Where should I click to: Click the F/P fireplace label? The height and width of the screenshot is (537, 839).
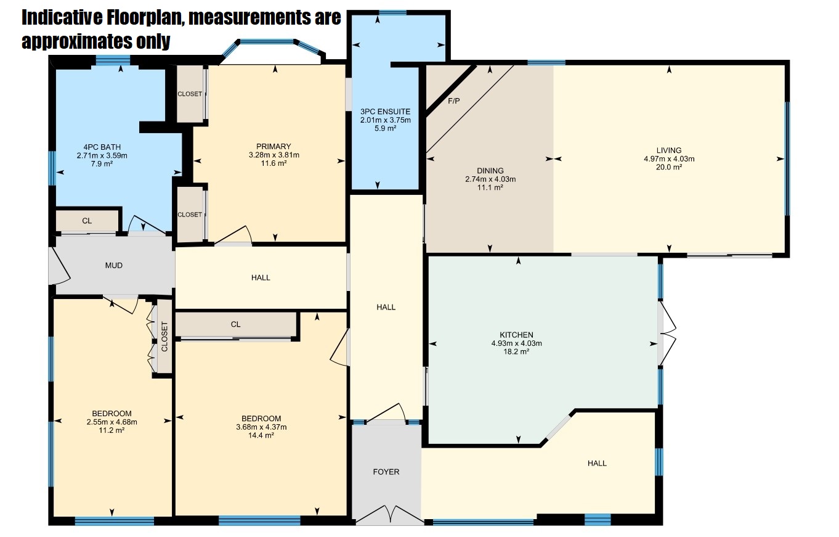[453, 101]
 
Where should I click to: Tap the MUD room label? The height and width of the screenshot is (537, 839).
[114, 266]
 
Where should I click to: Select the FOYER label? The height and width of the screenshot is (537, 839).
[386, 472]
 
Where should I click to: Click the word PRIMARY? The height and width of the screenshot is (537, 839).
[274, 146]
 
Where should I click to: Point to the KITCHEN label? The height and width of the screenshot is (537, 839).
[516, 335]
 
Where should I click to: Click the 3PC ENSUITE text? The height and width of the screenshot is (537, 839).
[386, 112]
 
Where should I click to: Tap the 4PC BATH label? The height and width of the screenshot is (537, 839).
[102, 147]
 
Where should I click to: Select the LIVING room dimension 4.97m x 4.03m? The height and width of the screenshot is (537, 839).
[669, 158]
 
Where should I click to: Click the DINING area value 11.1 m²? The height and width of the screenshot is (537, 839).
[490, 187]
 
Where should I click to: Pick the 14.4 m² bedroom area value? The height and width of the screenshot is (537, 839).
[261, 435]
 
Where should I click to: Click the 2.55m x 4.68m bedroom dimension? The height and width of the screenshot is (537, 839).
[111, 422]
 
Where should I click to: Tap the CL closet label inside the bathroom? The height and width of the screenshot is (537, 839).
[87, 221]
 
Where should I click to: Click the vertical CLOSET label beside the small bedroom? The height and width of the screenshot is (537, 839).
[164, 337]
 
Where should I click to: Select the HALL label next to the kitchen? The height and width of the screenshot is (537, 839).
[386, 307]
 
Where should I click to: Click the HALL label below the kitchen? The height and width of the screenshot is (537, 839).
[597, 463]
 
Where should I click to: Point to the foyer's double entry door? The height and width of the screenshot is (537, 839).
[390, 514]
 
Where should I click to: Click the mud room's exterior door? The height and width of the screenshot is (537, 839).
[59, 266]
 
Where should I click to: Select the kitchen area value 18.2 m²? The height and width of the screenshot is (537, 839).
[516, 352]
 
